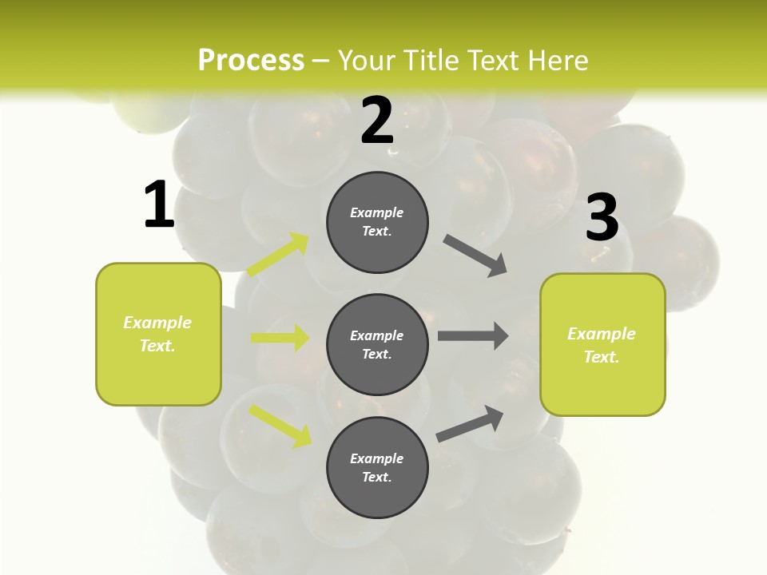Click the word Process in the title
coord(251,60)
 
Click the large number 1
coord(159,205)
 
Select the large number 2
coord(377,121)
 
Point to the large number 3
coord(602,218)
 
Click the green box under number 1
coord(158,334)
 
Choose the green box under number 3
coord(602,345)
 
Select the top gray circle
coord(377,222)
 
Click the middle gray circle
coord(377,345)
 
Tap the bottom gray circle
coord(377,468)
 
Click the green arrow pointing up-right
coord(278,255)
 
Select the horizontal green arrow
coord(280,338)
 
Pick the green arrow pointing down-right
coord(280,426)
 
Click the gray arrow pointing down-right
coord(475,256)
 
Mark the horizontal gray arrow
coord(473,335)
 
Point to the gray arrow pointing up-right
coord(470,423)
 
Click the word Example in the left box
coord(157,323)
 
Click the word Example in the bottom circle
coord(376,458)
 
